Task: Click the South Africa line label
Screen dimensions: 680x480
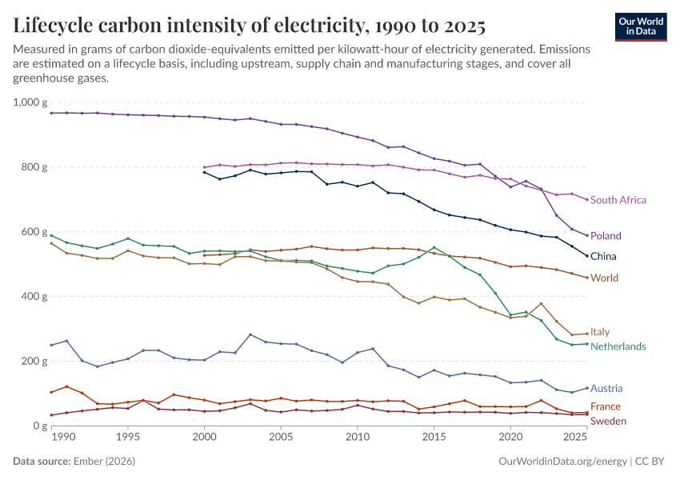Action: click(618, 200)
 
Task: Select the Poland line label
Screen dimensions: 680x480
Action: click(606, 235)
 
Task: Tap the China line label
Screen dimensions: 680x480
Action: click(603, 256)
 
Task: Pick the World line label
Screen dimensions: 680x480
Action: click(604, 278)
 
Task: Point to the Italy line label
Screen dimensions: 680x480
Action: click(600, 332)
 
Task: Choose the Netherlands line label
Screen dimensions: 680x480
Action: click(618, 346)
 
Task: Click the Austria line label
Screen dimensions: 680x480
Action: click(606, 389)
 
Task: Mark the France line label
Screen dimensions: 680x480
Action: click(606, 406)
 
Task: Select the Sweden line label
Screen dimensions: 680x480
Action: click(608, 421)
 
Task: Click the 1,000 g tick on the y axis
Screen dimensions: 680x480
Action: click(30, 102)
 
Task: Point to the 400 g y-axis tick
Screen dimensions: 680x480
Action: click(34, 297)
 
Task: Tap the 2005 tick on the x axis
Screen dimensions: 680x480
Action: click(281, 437)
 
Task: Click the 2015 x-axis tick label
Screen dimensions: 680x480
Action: click(434, 437)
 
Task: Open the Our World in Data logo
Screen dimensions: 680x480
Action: click(641, 27)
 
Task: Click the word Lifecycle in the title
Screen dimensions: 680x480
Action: click(53, 26)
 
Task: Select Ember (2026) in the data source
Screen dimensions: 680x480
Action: click(104, 461)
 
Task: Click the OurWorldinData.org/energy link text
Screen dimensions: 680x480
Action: click(562, 461)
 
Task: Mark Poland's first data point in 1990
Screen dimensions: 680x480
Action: click(52, 113)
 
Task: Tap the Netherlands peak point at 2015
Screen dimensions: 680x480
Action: click(434, 247)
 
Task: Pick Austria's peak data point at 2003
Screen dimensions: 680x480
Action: click(250, 334)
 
